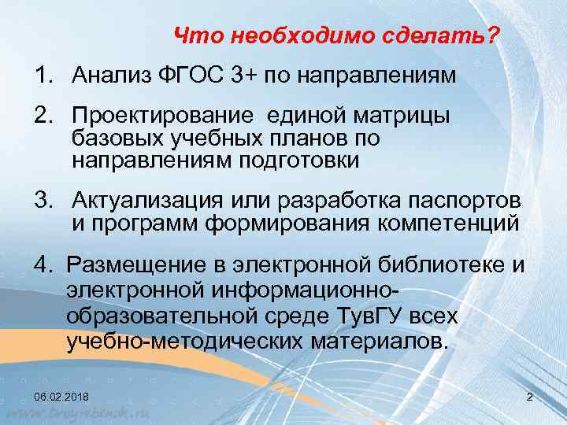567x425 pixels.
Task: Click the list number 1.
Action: coord(41,76)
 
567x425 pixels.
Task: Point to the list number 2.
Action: coord(42,116)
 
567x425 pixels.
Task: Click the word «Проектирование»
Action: coord(163,116)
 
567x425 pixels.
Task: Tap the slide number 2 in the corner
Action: coord(529,396)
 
